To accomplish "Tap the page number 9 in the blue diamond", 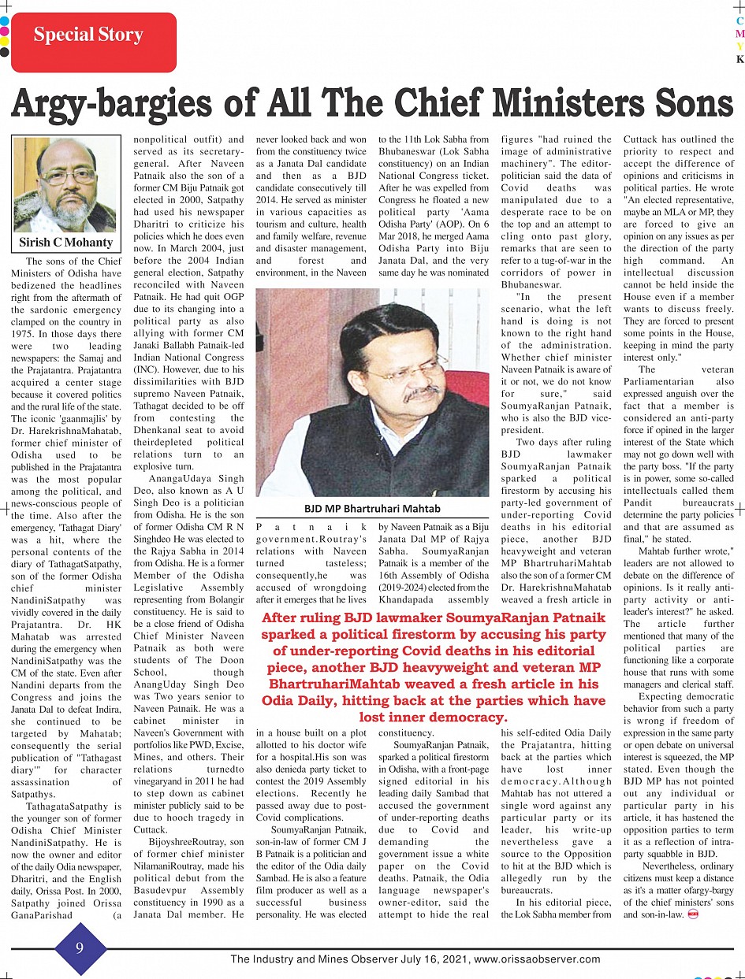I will click(80, 947).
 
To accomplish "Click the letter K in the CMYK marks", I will click(739, 59).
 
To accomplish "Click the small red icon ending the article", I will click(693, 915).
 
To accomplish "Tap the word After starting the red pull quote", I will click(281, 617).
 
